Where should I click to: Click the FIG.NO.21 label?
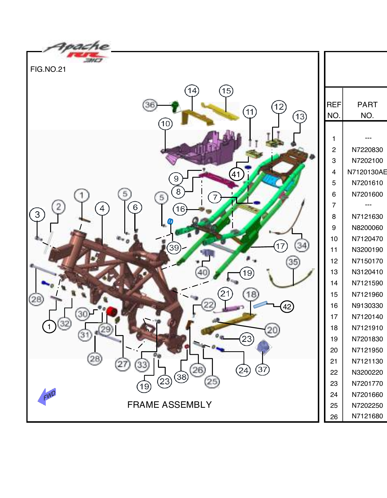click(x=48, y=69)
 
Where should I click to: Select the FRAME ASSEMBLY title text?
click(x=169, y=405)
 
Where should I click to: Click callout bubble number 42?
click(x=287, y=307)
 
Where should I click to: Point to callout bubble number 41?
click(x=236, y=175)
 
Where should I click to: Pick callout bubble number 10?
click(x=165, y=124)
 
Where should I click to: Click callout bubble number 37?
click(x=262, y=369)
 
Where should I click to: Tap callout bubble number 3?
click(x=37, y=215)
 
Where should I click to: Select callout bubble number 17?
click(x=280, y=246)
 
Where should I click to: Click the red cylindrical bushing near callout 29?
click(x=111, y=311)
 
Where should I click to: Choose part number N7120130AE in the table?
click(x=367, y=172)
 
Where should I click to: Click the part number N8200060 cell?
click(x=367, y=228)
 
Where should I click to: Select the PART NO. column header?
click(x=367, y=110)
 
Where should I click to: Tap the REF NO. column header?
click(x=334, y=110)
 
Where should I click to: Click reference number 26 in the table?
click(x=334, y=417)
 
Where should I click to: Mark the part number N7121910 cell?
click(x=367, y=328)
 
